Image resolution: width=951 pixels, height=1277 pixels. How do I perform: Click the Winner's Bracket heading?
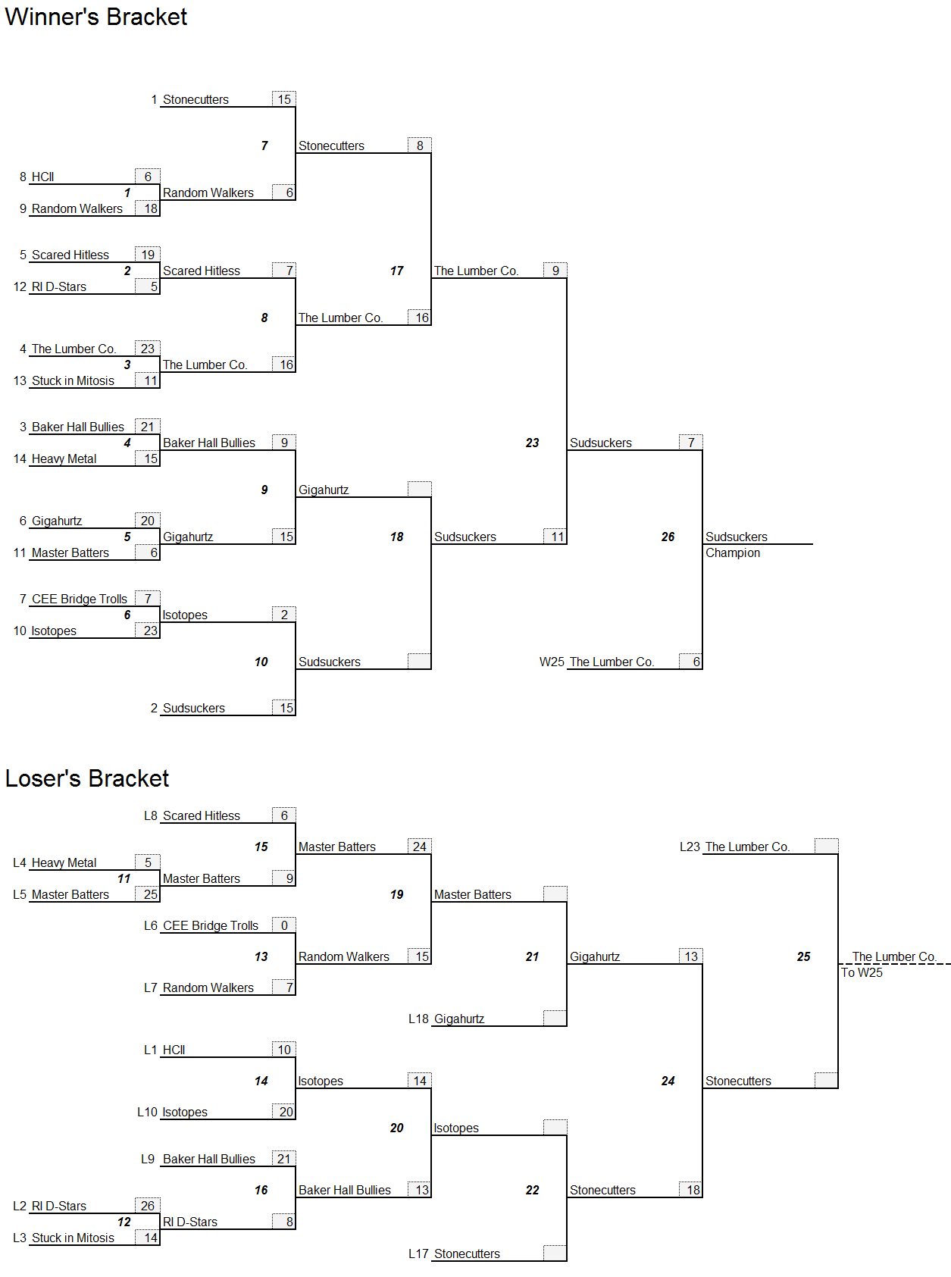point(95,17)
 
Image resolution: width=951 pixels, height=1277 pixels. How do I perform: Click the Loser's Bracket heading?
point(87,778)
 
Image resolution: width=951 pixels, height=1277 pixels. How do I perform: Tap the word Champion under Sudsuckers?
point(733,552)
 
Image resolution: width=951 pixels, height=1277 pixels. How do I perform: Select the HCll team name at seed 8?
point(42,177)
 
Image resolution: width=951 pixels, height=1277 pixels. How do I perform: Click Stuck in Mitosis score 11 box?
point(148,380)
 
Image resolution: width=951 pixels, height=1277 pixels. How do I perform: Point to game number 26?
point(668,537)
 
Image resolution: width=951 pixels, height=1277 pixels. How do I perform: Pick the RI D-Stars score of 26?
point(148,1206)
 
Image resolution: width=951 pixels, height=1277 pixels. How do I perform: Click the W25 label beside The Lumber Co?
point(552,662)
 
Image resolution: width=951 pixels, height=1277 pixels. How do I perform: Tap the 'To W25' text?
point(862,972)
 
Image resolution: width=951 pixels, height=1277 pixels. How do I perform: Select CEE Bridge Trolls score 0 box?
point(284,925)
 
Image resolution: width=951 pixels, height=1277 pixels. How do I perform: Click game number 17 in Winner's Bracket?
point(396,271)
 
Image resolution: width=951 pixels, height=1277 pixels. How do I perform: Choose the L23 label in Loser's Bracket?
point(690,847)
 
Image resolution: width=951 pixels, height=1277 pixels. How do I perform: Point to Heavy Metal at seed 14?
point(64,459)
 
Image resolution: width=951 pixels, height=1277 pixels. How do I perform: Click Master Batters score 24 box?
point(420,847)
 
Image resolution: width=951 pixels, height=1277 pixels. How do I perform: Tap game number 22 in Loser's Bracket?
point(533,1190)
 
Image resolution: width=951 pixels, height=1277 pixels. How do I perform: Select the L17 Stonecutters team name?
point(467,1254)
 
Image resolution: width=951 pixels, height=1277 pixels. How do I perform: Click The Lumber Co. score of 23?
point(148,349)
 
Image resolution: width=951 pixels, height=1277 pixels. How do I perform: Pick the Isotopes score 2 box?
point(284,615)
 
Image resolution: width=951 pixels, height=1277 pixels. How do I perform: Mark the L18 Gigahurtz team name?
point(458,1019)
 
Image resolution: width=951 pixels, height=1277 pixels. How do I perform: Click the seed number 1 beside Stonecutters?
point(155,99)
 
